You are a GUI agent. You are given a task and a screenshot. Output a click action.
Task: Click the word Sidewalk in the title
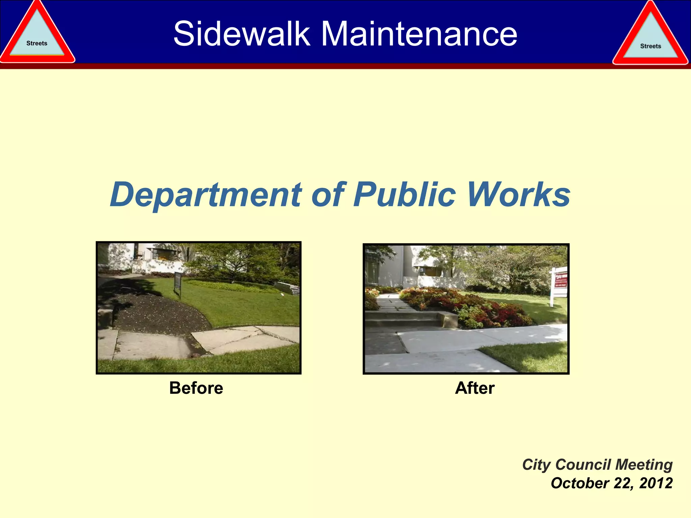coord(242,34)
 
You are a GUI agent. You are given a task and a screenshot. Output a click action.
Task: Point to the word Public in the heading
coord(405,195)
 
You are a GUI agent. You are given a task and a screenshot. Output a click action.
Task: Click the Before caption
coord(196,388)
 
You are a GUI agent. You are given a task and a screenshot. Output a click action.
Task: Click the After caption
coord(475,388)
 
